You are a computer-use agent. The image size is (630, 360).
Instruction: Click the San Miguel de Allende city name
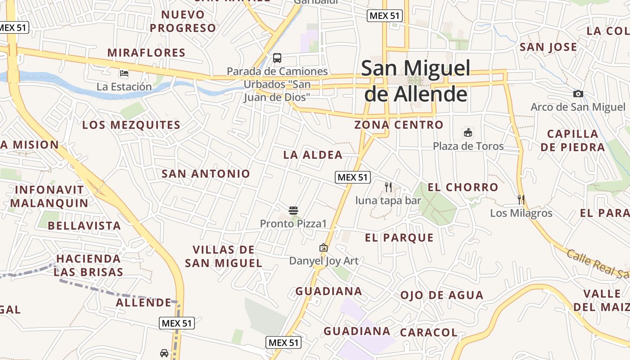[415, 81]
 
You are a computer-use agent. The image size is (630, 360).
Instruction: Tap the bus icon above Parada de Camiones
[277, 58]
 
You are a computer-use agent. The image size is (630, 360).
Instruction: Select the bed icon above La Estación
[124, 73]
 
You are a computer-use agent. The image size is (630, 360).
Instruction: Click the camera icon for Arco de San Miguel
[578, 94]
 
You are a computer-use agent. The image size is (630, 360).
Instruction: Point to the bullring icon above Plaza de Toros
[468, 133]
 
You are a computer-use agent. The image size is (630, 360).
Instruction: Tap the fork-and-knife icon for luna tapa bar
[388, 187]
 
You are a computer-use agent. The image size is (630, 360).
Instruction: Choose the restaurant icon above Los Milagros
[521, 199]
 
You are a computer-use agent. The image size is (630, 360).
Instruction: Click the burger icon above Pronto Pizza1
[293, 210]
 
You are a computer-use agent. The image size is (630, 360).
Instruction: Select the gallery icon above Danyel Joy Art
[323, 247]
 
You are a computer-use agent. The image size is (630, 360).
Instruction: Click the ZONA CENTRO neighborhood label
[399, 125]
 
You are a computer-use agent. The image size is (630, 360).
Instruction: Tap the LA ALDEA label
[313, 155]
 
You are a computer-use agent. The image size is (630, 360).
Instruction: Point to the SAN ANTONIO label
[206, 174]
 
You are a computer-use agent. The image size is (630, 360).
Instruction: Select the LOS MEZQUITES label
[131, 125]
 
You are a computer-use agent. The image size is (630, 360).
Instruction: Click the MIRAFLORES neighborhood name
[146, 53]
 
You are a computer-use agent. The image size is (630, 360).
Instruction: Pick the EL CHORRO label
[463, 187]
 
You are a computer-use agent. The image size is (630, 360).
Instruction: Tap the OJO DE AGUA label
[442, 295]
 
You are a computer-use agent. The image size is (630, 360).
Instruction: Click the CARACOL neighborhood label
[428, 333]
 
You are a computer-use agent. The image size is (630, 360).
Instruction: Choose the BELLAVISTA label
[84, 225]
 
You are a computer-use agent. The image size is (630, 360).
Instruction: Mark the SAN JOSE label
[548, 47]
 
